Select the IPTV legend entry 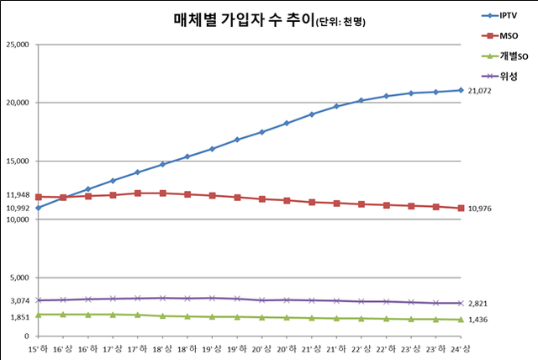tap(508, 16)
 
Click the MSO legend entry tap(507, 36)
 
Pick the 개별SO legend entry tap(511, 56)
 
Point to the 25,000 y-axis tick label tap(17, 44)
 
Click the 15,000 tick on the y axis tap(17, 161)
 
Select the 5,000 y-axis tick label tap(18, 278)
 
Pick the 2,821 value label tap(477, 303)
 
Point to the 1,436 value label tap(477, 320)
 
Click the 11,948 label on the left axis tap(17, 196)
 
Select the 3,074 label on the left tap(18, 300)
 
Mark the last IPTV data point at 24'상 tap(460, 90)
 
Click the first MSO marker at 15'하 tap(39, 197)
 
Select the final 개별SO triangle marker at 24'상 tap(460, 320)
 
